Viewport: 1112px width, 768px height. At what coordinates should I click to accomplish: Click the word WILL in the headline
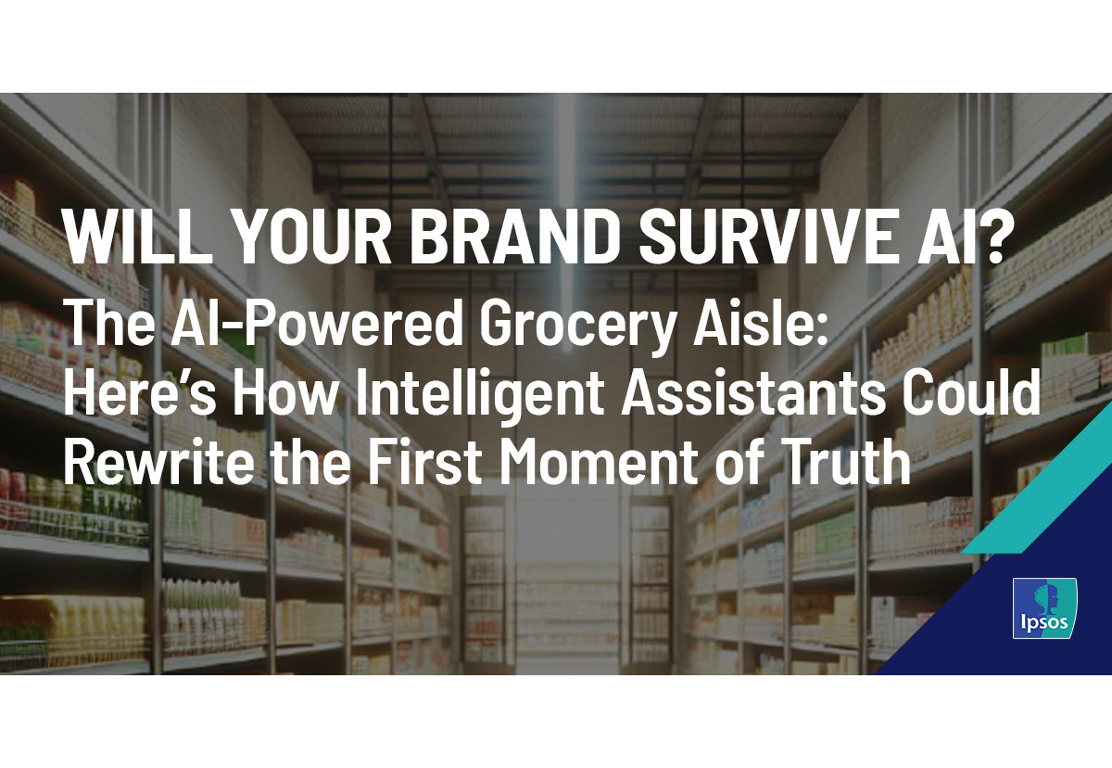click(x=140, y=237)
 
